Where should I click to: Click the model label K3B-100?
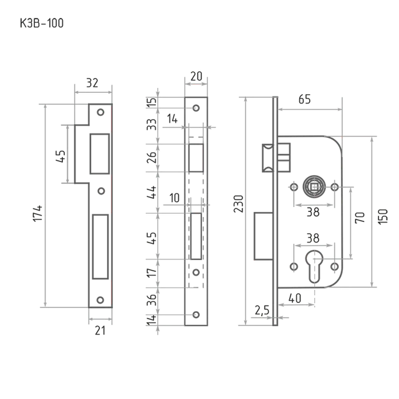tap(42, 23)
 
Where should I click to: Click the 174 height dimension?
tap(38, 213)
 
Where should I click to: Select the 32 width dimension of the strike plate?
tap(92, 83)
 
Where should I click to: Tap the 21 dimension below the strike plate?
tap(100, 330)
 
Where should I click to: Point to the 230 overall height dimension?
tap(239, 204)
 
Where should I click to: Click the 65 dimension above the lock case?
tap(305, 99)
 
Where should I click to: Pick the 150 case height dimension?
tap(383, 216)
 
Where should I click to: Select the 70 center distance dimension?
tap(360, 218)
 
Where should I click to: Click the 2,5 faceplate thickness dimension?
tap(262, 310)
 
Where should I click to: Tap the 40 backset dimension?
tap(295, 298)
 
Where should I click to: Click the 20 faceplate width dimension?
tap(196, 76)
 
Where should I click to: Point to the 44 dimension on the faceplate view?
tap(152, 193)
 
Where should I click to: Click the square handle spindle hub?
tap(314, 187)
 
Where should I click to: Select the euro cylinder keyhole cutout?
tap(314, 266)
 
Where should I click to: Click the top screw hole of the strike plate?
tap(101, 112)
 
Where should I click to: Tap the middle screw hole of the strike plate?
tap(101, 191)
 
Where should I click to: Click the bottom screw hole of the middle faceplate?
tap(196, 315)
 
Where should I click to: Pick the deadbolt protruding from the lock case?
tap(263, 236)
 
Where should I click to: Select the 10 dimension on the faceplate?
tap(175, 198)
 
